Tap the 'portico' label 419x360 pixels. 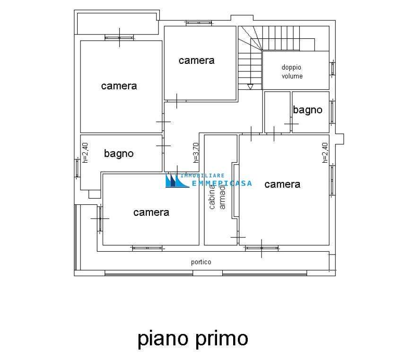[201, 262]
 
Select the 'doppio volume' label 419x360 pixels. [292, 71]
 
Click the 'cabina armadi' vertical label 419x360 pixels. [217, 197]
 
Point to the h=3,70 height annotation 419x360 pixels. [196, 153]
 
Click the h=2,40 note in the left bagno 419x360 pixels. [85, 153]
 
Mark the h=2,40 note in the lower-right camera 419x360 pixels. [325, 153]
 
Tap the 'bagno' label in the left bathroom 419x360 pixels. [119, 154]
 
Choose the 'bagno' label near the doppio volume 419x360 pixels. [307, 110]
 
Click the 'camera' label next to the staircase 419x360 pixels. [196, 61]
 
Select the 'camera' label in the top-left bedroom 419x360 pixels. [119, 86]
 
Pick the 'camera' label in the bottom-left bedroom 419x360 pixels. [151, 212]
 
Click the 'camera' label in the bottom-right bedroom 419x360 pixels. [282, 184]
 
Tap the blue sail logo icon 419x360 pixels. [176, 180]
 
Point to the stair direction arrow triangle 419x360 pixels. [250, 87]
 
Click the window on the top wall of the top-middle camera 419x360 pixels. [199, 23]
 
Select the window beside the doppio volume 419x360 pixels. [332, 69]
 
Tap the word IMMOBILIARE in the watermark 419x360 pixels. [202, 176]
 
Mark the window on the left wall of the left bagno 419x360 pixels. [77, 168]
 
